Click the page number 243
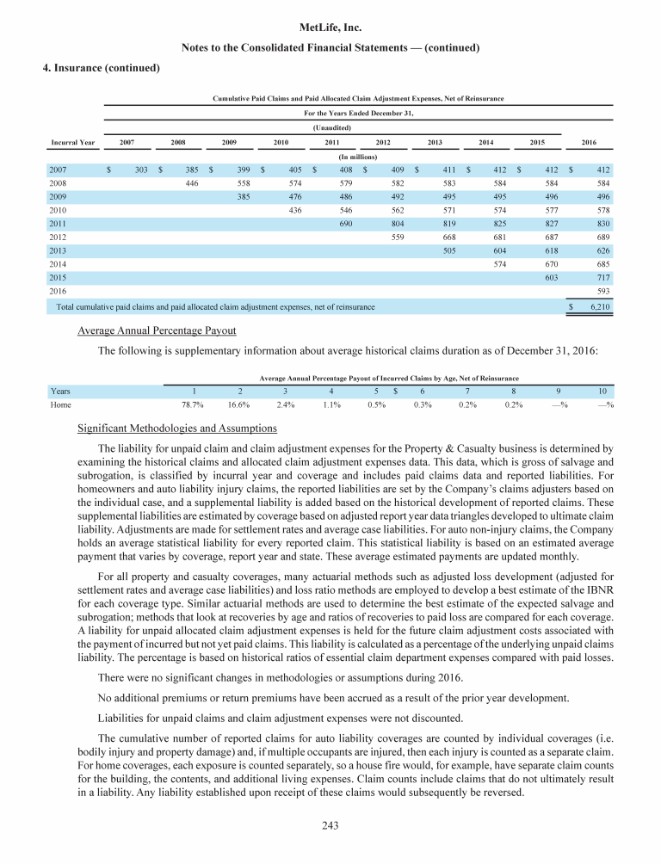click(330, 826)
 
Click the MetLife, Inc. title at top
click(330, 28)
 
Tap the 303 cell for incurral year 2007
click(143, 170)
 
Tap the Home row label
click(60, 404)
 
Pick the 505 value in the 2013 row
click(445, 250)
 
